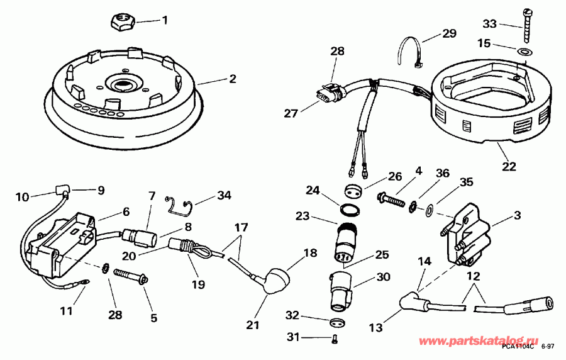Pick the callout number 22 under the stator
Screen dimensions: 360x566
coord(509,167)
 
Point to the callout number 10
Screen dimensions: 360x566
coord(22,197)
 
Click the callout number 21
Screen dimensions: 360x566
coord(252,325)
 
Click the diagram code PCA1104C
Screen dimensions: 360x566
coord(518,347)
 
